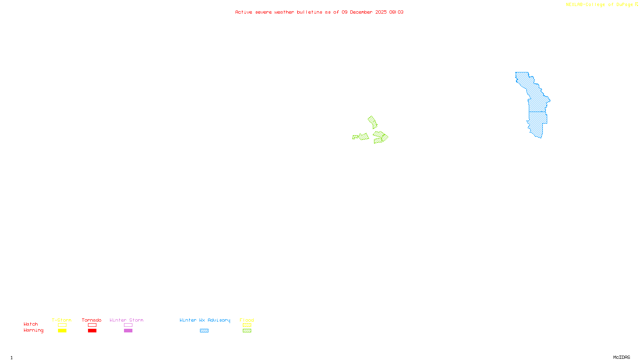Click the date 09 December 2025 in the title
[364, 12]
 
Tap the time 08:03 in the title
[396, 12]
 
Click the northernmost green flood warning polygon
[372, 122]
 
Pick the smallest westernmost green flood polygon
[355, 137]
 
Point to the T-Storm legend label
[62, 320]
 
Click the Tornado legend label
[92, 320]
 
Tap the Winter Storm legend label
[126, 320]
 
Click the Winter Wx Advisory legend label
[205, 320]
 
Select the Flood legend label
[247, 320]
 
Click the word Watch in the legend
[31, 324]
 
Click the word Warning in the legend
[33, 330]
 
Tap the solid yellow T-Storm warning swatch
[62, 331]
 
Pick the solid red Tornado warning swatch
[92, 331]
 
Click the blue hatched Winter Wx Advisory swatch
[204, 331]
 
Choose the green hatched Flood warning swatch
[247, 331]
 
